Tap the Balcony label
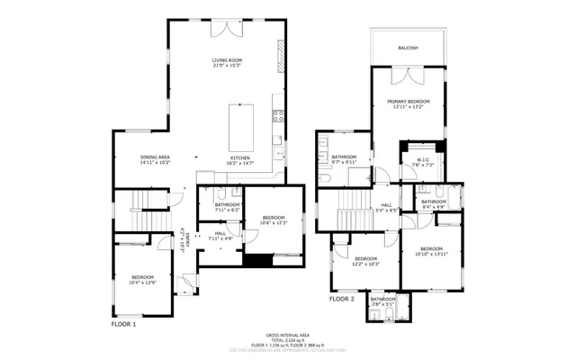(408, 48)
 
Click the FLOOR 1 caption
(123, 323)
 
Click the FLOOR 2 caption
(342, 298)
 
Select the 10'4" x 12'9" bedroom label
(143, 279)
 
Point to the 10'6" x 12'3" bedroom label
(274, 220)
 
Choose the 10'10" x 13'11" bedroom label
(431, 251)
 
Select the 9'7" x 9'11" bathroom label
(344, 160)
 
